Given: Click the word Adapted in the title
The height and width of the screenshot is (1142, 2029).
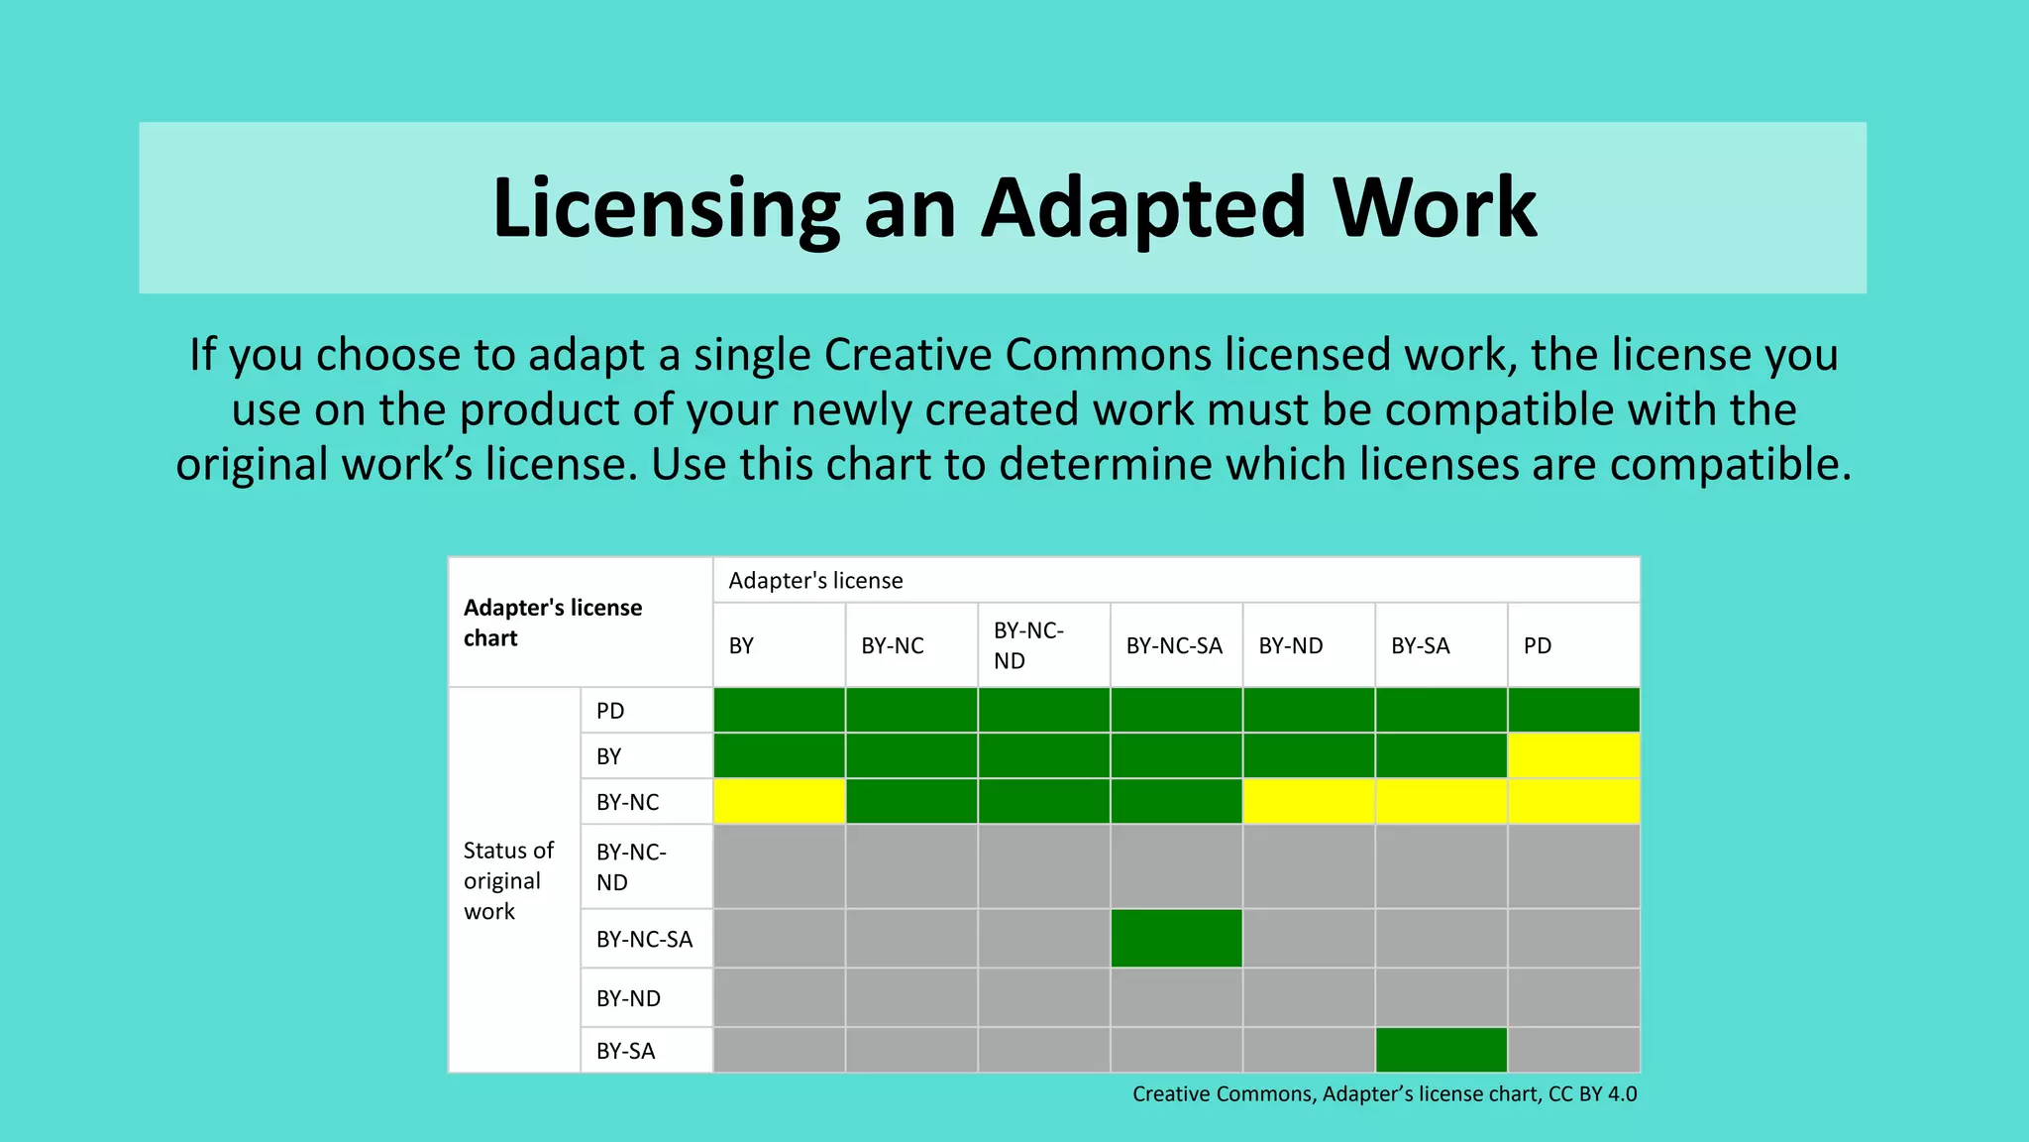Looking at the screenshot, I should [x=1144, y=209].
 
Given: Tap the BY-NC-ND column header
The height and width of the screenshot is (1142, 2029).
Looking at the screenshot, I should [x=1028, y=645].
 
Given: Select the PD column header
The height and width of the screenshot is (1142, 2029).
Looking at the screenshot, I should [x=1538, y=646].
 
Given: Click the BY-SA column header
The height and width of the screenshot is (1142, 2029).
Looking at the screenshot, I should [x=1420, y=646].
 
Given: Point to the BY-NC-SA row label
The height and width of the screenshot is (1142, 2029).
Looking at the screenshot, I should [x=644, y=939].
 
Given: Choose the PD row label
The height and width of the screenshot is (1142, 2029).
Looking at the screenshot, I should [x=610, y=711].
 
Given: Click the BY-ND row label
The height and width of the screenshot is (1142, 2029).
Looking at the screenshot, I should [x=628, y=998].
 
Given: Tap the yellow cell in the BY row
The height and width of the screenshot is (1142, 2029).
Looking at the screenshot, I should [x=1573, y=756].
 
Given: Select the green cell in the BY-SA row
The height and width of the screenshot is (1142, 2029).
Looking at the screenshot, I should [x=1441, y=1050].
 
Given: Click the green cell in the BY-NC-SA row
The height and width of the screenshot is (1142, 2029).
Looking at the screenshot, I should [x=1176, y=938].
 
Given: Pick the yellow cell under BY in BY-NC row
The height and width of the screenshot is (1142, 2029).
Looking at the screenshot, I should [x=779, y=801].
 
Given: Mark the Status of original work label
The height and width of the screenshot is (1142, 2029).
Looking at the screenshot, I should [x=508, y=880].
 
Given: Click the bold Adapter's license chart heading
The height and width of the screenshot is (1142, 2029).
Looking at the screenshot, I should [x=553, y=623].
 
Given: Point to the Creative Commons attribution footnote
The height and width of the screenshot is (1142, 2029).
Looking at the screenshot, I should [x=1384, y=1094].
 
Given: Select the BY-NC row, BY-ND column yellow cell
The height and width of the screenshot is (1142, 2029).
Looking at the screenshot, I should [x=1309, y=801].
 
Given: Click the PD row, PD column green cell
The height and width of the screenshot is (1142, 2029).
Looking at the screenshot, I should [x=1573, y=710].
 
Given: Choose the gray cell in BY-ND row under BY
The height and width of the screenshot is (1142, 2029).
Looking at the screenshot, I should [x=779, y=997].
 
